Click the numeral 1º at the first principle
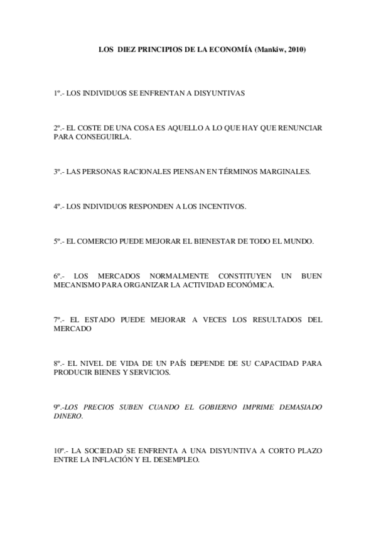(x=56, y=92)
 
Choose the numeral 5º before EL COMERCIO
(x=56, y=241)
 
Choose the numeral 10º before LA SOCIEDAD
(x=59, y=451)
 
